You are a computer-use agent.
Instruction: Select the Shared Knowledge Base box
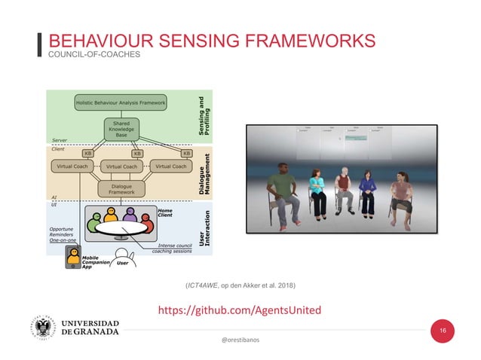coord(121,129)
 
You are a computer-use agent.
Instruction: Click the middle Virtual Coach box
coord(121,166)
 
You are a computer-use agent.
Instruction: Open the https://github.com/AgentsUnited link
coord(249,310)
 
